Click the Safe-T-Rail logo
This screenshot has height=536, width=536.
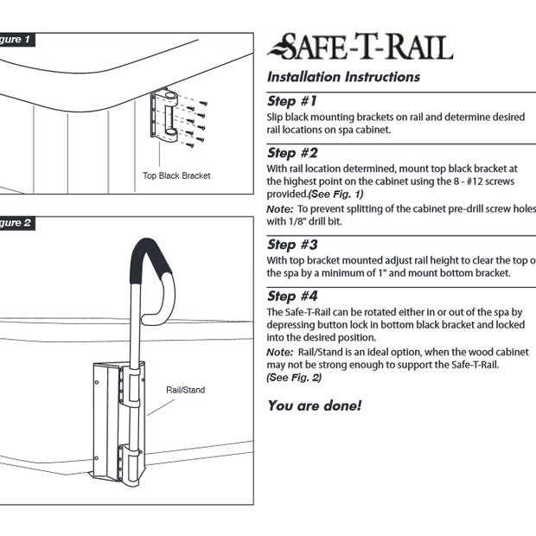tap(360, 46)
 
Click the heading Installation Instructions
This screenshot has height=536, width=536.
tap(343, 77)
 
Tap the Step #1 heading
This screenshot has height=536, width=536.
tap(292, 101)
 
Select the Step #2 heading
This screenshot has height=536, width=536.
tap(293, 153)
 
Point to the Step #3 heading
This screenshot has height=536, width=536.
tap(293, 245)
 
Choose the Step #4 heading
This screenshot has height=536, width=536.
tap(293, 297)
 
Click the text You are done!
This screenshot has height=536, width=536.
tap(314, 405)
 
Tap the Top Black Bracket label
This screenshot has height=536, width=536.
tap(176, 175)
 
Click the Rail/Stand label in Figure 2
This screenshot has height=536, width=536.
tap(185, 390)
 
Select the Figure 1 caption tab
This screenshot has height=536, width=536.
tap(16, 40)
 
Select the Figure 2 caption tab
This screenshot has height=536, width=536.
tap(16, 223)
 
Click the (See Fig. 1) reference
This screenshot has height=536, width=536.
tap(335, 195)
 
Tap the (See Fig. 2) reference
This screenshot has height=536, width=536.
tap(293, 378)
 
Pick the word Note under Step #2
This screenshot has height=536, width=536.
tap(279, 209)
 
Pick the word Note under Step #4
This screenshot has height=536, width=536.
tap(279, 353)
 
